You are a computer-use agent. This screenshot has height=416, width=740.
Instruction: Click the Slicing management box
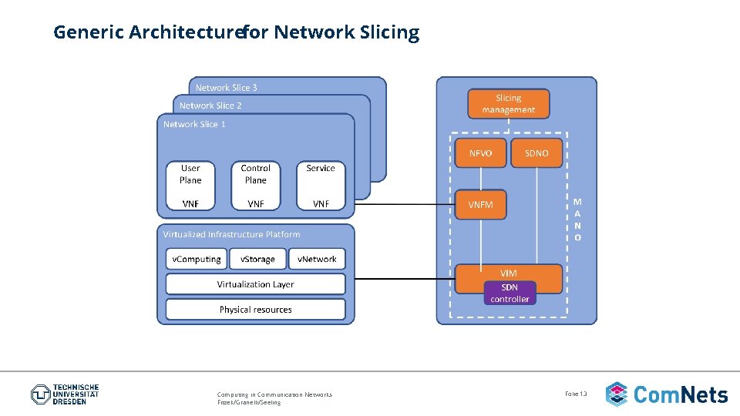508,104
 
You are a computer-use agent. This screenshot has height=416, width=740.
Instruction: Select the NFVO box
480,153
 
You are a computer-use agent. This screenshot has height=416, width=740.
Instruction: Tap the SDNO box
536,153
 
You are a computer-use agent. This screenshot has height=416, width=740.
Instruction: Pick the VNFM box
480,205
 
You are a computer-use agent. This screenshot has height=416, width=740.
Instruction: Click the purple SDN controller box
510,293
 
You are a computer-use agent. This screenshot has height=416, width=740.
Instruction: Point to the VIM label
509,273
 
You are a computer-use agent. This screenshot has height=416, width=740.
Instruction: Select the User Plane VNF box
190,186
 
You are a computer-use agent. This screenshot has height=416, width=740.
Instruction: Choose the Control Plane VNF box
255,186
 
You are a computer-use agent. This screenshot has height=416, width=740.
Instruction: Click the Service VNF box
321,186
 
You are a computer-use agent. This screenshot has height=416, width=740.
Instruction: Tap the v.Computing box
196,259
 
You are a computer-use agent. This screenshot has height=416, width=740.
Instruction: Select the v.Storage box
257,259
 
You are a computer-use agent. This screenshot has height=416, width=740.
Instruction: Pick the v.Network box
318,259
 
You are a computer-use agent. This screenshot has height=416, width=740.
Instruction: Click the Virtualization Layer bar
255,284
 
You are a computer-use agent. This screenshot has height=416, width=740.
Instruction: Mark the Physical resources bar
255,310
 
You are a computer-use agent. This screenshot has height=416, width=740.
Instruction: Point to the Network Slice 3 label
227,88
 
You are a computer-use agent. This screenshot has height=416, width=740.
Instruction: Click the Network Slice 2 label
210,106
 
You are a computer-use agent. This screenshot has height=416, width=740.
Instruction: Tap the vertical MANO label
577,220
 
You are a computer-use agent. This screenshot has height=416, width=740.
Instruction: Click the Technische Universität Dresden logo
65,394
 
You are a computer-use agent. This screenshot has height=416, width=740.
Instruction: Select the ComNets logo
667,394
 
